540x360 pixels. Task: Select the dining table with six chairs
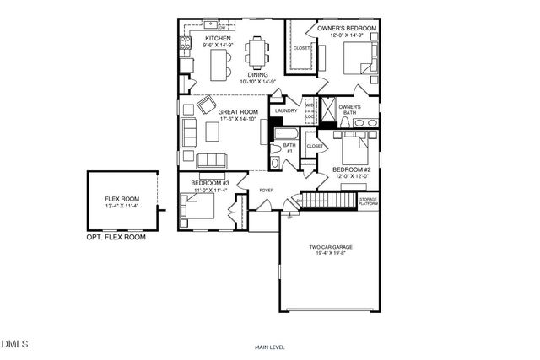[256, 51]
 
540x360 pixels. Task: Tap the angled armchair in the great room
[206, 105]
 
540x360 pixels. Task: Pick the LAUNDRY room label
[285, 110]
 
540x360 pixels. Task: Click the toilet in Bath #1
[275, 163]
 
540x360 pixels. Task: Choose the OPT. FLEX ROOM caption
[116, 238]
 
